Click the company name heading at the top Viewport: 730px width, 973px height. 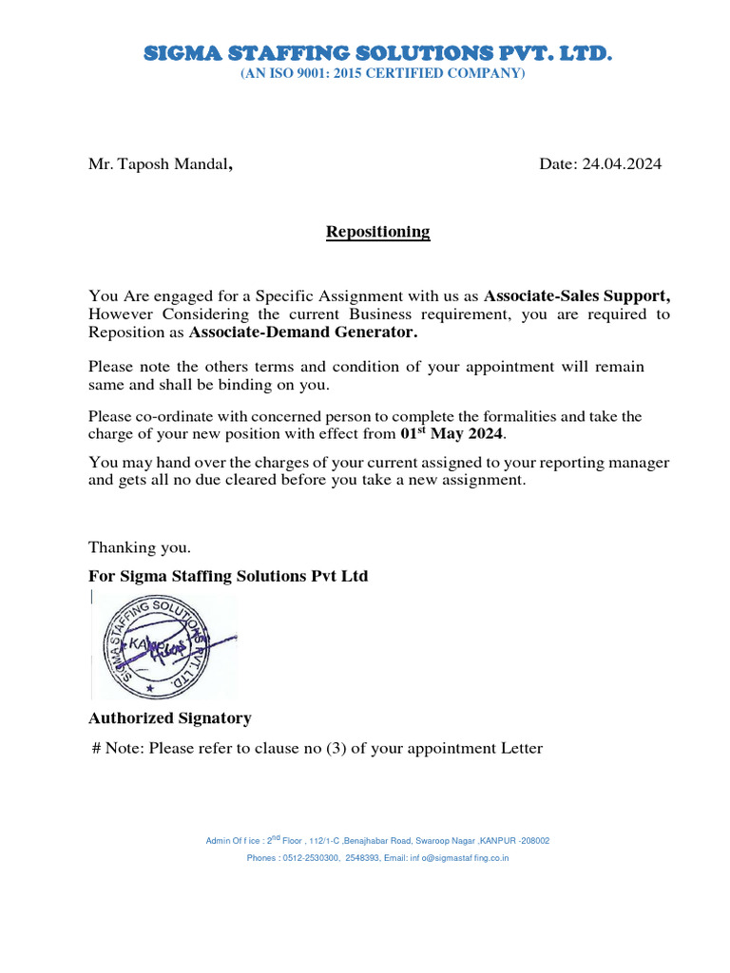coord(377,53)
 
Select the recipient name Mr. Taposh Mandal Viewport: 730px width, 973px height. coord(161,164)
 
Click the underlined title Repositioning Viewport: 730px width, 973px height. coord(378,232)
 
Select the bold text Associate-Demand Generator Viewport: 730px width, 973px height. coord(303,333)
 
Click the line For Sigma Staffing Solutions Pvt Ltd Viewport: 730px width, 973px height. coord(228,576)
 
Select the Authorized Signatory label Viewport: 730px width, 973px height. coord(170,717)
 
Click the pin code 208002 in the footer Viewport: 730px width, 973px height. coord(534,841)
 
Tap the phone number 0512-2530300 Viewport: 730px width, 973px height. coord(310,858)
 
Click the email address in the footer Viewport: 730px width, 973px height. coord(459,858)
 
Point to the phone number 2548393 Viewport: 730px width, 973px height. coord(364,858)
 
